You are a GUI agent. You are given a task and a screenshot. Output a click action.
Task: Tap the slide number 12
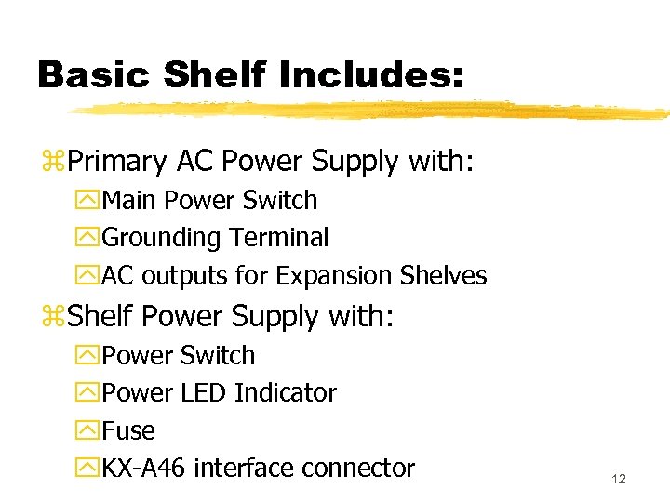tap(619, 479)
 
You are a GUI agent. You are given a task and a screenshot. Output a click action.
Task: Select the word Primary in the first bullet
tap(114, 163)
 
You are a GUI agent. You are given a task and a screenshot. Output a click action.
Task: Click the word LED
tap(204, 393)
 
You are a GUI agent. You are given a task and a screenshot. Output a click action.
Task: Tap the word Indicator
tap(286, 393)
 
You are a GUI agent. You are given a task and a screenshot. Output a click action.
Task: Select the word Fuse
tap(128, 431)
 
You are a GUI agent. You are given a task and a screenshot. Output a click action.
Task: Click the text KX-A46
tap(145, 469)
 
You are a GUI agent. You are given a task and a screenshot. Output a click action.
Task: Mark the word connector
tap(360, 469)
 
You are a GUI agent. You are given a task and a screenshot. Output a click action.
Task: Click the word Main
tap(127, 201)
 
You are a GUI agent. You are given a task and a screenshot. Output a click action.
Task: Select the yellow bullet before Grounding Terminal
tap(89, 239)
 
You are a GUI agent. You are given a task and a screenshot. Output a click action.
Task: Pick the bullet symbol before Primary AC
tap(52, 164)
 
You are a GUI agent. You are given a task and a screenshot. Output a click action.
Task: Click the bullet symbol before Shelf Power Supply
tap(52, 318)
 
